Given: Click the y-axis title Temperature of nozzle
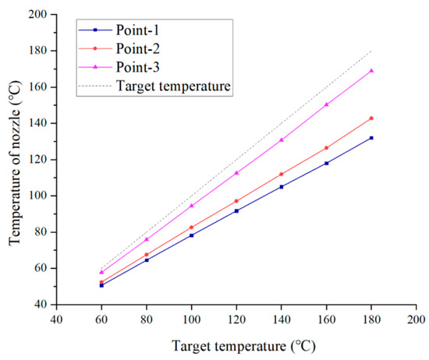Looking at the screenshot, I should coord(15,159).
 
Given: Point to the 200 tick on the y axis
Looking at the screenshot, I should coord(36,15).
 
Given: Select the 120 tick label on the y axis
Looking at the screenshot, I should coord(36,160).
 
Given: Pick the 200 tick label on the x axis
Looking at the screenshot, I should coord(416,319).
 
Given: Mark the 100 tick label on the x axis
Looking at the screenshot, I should coord(191,319).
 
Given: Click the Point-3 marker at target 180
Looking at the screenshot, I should coord(371,71).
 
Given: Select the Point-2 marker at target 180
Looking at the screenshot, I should coord(371,118).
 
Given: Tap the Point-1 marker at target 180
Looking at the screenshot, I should coord(371,138).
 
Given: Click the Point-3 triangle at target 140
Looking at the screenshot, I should coord(282,139).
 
